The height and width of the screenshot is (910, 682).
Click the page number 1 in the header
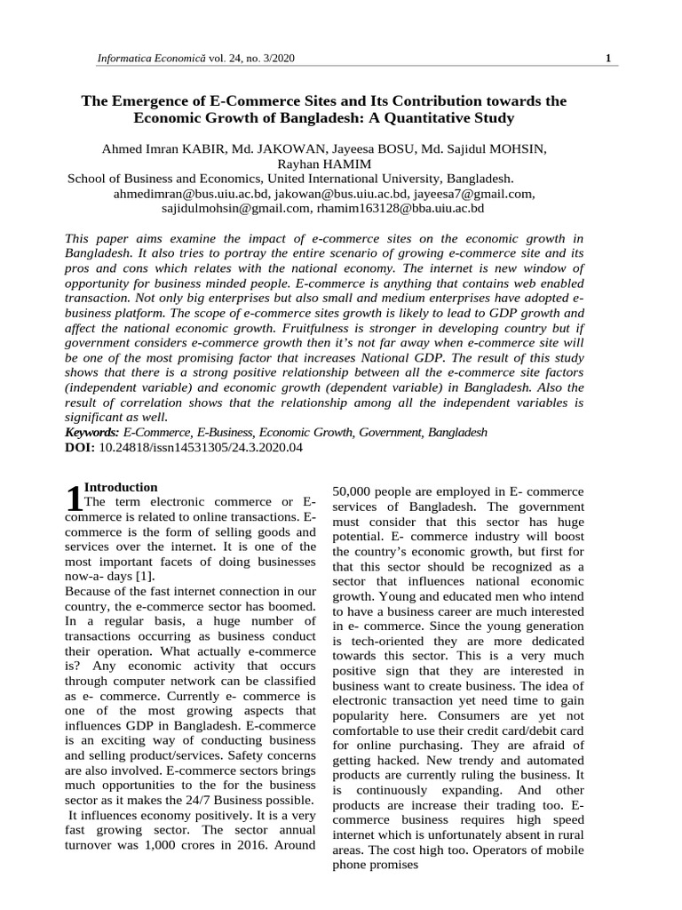coord(607,59)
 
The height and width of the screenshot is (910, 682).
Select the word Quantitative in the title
coord(417,117)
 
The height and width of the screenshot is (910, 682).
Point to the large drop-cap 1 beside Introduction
coord(74,499)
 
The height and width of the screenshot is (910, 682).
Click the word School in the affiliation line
coord(89,178)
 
